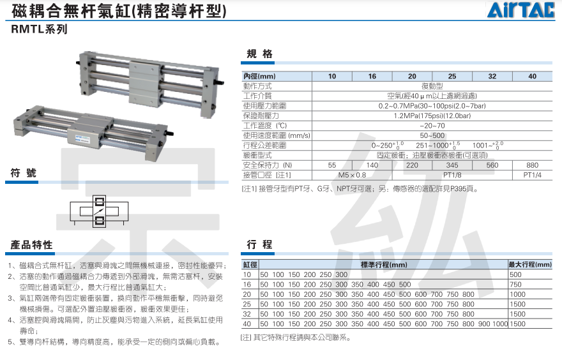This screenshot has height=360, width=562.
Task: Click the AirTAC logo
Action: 523,11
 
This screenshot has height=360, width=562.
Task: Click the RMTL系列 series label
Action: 38,29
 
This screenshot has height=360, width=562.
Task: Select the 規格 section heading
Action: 259,54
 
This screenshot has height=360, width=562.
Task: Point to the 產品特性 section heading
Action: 31,244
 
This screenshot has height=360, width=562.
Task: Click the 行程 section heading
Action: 259,244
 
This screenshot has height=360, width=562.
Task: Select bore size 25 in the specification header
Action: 452,77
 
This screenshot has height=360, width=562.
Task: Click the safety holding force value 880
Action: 532,165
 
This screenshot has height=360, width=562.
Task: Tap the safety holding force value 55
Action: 332,165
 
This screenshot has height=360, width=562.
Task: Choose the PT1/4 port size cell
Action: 532,174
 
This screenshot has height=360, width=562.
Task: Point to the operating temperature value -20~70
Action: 432,126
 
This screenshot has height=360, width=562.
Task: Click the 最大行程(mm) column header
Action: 530,264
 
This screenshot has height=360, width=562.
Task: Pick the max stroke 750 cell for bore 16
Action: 516,284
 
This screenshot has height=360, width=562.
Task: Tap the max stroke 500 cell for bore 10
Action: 516,274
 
